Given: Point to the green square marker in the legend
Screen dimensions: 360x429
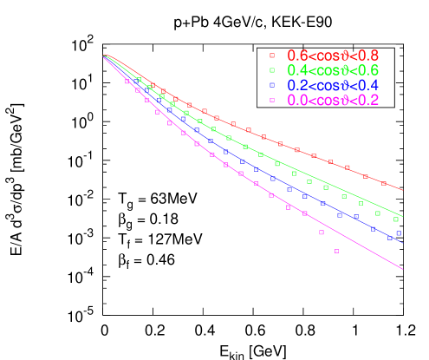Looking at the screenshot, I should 272,70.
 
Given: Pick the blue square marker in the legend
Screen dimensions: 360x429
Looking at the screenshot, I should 272,85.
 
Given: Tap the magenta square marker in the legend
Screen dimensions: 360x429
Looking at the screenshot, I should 272,100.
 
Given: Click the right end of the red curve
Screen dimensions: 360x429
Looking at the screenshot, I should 403,190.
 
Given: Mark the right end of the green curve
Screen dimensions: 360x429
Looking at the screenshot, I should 403,216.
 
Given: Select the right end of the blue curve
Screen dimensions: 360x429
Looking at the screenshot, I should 403,243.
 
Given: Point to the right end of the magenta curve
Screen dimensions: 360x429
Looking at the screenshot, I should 403,269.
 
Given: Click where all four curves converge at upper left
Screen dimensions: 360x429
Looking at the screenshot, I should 106,56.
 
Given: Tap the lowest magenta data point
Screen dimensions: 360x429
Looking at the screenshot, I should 336,252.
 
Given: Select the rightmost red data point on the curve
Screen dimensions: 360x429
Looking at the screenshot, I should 384,183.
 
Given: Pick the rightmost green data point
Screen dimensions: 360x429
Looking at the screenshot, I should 396,219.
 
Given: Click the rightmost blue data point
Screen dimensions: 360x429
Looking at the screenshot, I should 399,232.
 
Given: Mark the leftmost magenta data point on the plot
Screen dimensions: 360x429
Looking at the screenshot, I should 127,82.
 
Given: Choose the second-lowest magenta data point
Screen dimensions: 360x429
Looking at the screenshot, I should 321,232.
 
